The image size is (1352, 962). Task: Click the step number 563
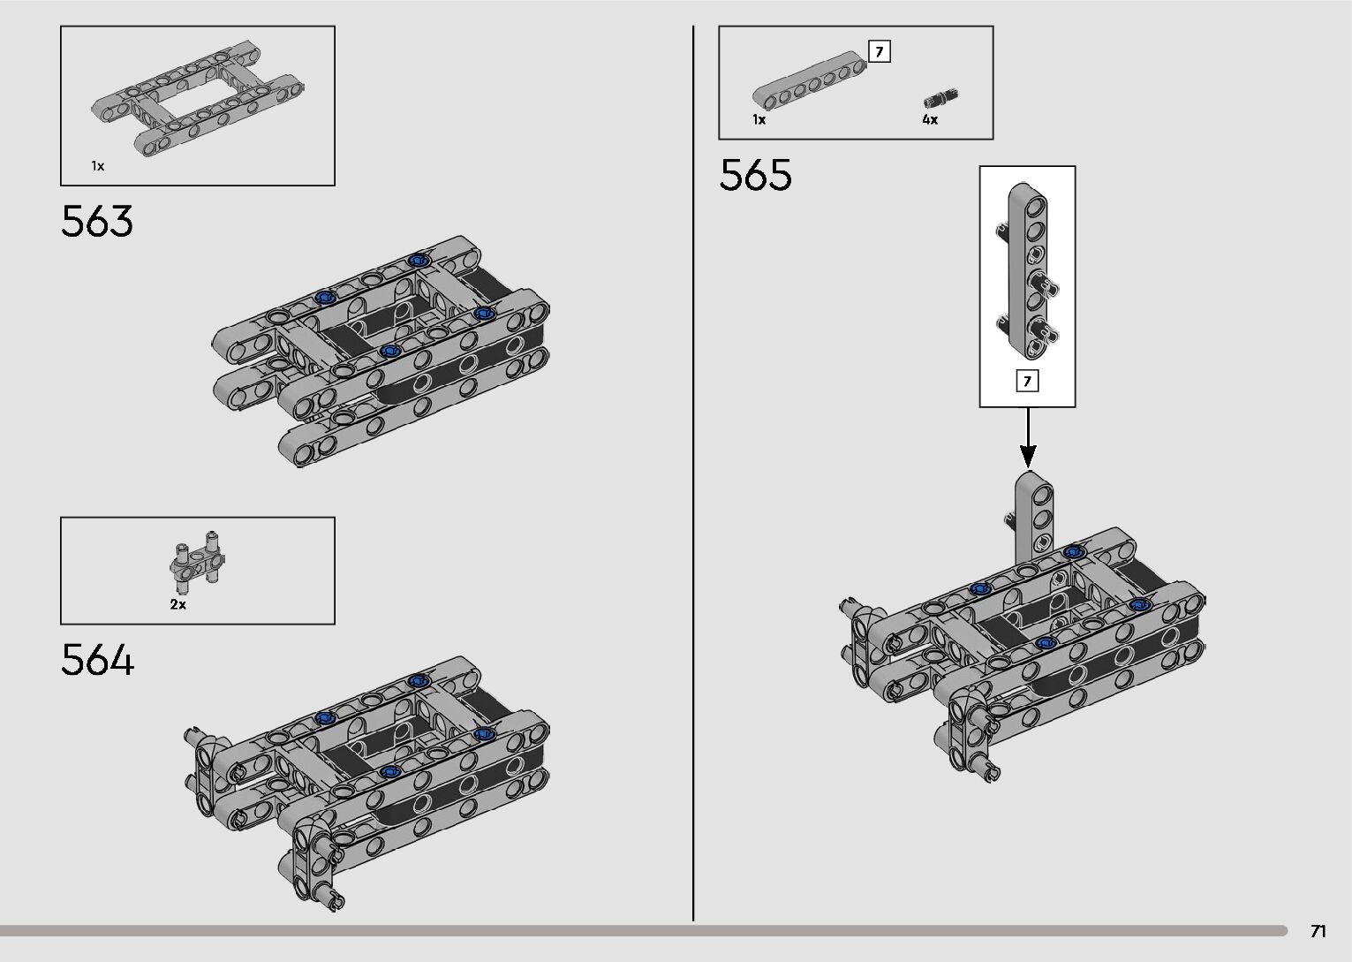point(97,222)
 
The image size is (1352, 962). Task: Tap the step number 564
point(97,661)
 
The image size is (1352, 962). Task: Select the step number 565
point(755,175)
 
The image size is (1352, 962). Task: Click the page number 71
point(1318,931)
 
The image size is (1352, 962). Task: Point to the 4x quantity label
point(930,120)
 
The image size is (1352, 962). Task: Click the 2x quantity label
point(178,605)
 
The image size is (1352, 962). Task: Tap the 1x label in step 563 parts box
point(97,166)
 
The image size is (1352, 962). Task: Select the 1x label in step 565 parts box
point(759,120)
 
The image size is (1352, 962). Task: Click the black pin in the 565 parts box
point(941,97)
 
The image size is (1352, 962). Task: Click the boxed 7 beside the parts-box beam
point(880,52)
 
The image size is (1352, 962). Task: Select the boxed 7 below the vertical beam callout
point(1027,382)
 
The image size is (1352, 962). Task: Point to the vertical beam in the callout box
point(1028,265)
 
